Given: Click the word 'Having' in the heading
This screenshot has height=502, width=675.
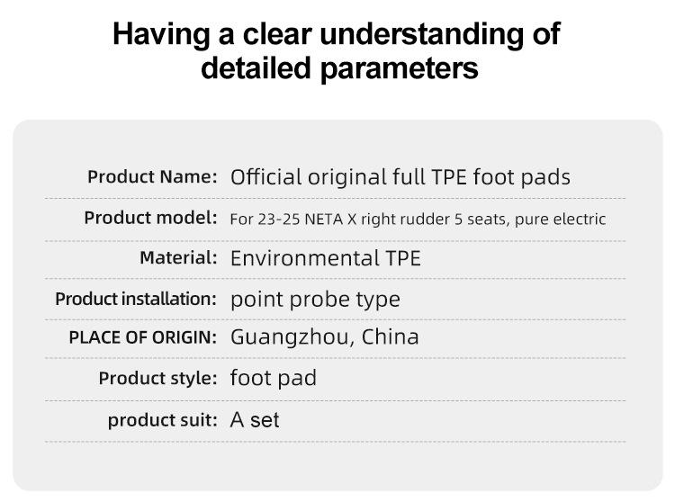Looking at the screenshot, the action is pyautogui.click(x=161, y=34).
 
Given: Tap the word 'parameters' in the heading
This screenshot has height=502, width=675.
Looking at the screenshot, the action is pyautogui.click(x=400, y=69).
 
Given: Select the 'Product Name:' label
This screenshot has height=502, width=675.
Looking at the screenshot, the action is pyautogui.click(x=152, y=176).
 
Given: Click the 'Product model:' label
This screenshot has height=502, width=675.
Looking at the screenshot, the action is pyautogui.click(x=150, y=218).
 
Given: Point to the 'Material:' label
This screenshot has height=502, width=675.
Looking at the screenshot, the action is pyautogui.click(x=179, y=257).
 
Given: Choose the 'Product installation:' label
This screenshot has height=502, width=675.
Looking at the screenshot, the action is pyautogui.click(x=136, y=299).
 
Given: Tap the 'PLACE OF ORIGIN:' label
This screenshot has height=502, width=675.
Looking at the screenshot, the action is pyautogui.click(x=143, y=337).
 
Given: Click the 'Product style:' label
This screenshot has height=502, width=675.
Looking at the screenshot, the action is pyautogui.click(x=158, y=378).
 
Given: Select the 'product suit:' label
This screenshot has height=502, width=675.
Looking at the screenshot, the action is pyautogui.click(x=163, y=420).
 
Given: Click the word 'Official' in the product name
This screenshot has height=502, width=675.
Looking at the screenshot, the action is pyautogui.click(x=265, y=177).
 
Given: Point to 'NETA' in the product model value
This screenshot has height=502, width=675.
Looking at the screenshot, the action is pyautogui.click(x=323, y=220).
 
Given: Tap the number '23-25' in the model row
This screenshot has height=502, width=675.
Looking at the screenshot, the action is pyautogui.click(x=278, y=220).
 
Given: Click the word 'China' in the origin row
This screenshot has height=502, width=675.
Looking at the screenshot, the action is pyautogui.click(x=390, y=336).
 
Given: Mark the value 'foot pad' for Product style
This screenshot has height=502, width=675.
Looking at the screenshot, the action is pyautogui.click(x=274, y=378).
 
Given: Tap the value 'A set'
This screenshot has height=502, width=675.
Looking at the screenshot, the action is pyautogui.click(x=255, y=420).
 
